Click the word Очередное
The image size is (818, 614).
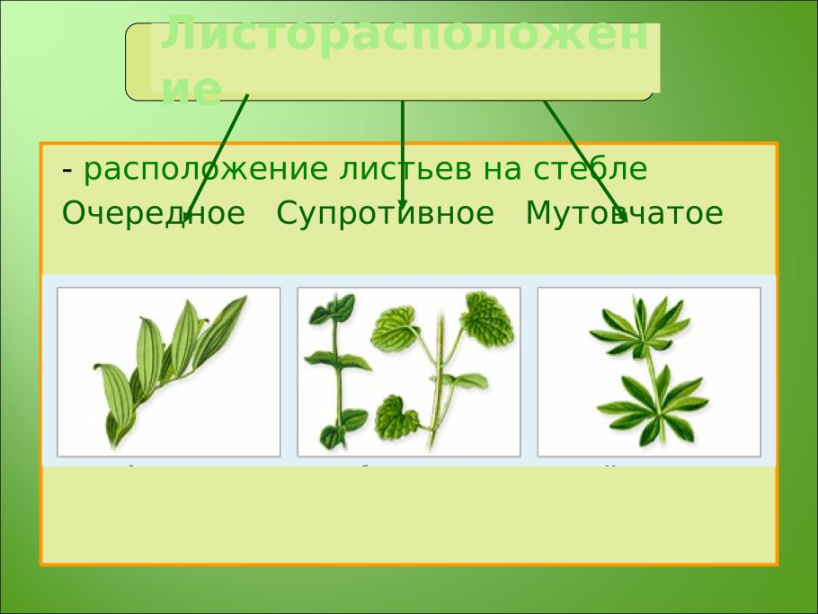tap(153, 214)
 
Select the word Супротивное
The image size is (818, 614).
tap(385, 214)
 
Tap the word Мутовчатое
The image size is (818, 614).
tap(624, 214)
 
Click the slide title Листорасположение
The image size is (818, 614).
tap(404, 59)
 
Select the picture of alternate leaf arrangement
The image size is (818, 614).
tap(169, 371)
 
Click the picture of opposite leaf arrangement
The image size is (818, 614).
tap(408, 371)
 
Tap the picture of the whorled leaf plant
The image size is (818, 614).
tap(648, 371)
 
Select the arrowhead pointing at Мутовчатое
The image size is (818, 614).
tap(619, 217)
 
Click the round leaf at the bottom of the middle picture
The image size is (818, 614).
tap(396, 415)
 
